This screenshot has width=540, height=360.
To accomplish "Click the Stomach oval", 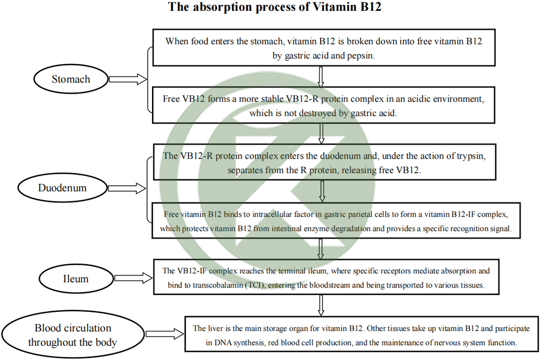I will pos(71,79).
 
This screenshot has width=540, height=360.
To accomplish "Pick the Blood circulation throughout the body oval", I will pos(73,335).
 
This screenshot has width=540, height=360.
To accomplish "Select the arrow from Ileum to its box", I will pos(134,278).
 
